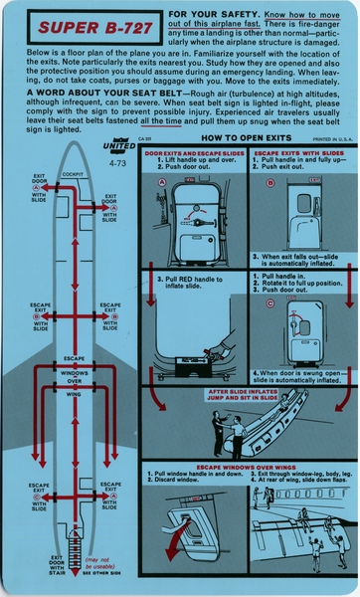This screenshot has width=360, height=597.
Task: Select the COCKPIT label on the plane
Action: point(74,173)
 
